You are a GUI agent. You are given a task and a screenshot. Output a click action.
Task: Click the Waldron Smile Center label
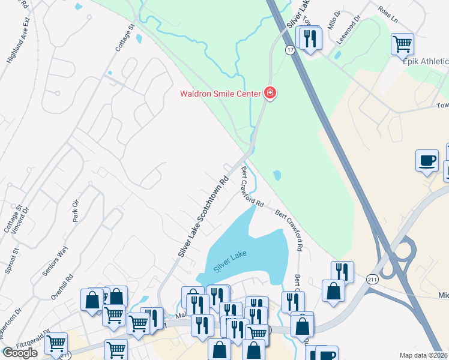[x=220, y=93]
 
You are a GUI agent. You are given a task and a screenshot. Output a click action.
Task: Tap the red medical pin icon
[x=270, y=93]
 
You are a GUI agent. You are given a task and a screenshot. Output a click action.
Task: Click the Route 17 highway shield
[x=290, y=50]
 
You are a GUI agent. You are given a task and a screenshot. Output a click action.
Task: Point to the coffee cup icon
[x=427, y=161]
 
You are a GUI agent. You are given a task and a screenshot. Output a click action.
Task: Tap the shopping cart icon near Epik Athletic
[x=402, y=44]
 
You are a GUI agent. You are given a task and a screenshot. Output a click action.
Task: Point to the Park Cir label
[x=76, y=211]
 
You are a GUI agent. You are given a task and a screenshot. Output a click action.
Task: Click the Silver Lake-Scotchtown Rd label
[x=203, y=216]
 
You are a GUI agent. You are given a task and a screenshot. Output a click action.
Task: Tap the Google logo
[x=20, y=353]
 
